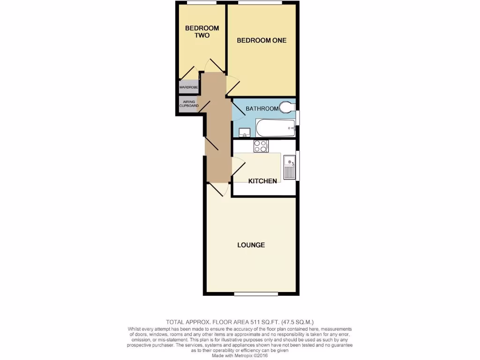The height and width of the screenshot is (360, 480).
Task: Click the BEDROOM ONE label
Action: point(262,40)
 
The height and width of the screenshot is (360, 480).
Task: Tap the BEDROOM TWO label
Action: point(202,32)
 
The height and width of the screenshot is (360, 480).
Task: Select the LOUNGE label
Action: point(251,245)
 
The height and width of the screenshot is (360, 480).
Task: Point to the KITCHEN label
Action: point(262,181)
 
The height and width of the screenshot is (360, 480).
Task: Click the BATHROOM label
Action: point(262,109)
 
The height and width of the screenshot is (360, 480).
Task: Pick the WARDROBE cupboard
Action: point(188,87)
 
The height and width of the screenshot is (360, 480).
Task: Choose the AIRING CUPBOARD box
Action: point(188,103)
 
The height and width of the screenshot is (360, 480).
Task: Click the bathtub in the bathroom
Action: point(275,127)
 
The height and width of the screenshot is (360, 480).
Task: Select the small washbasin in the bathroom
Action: point(244,132)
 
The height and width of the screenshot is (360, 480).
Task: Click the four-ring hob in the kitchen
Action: point(261,146)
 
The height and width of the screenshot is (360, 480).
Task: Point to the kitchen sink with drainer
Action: point(289,168)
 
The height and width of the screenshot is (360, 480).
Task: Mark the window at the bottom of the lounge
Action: point(255,294)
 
